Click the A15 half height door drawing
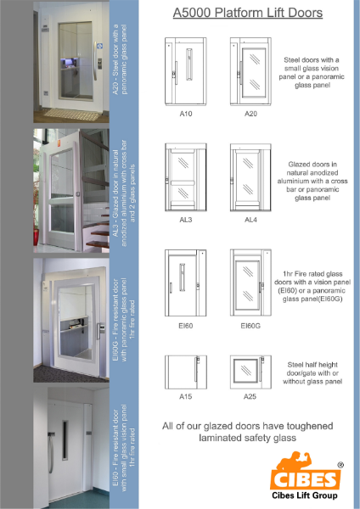pos(183,372)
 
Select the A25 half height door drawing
pos(250,372)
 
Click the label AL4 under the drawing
pos(250,219)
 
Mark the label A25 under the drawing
pos(250,396)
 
